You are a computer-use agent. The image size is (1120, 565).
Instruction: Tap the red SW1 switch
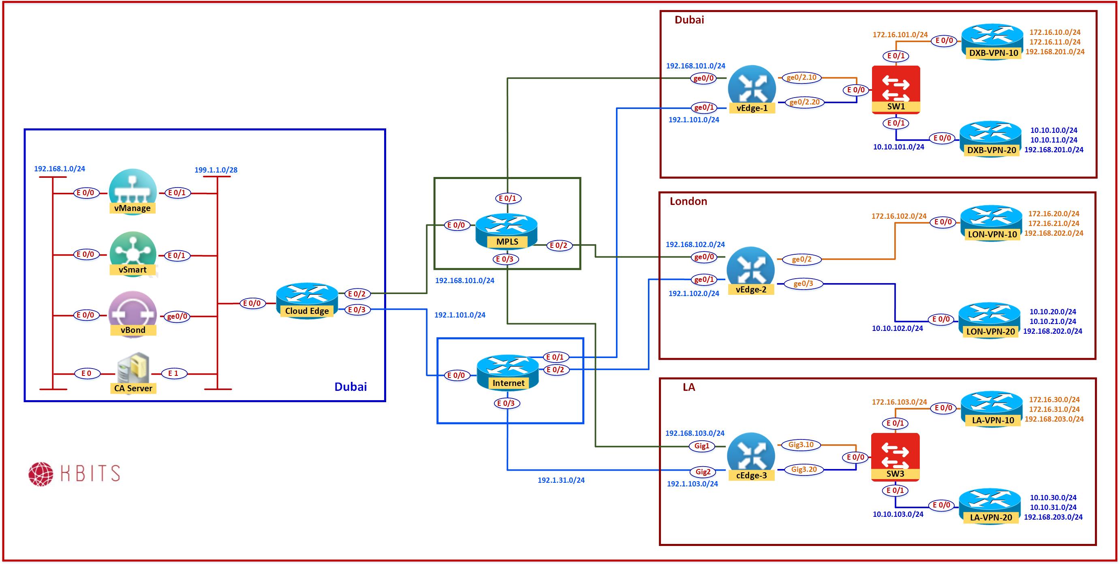[896, 89]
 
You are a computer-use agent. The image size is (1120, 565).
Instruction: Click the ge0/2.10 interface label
[802, 78]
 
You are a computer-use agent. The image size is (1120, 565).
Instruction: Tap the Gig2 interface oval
[703, 472]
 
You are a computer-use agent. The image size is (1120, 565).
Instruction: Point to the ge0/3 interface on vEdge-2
[803, 284]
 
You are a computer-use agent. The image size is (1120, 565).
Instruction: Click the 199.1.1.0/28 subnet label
[216, 170]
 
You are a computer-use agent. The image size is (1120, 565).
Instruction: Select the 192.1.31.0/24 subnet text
[561, 480]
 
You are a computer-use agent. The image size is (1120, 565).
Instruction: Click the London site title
[688, 201]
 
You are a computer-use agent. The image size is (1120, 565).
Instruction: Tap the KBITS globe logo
[41, 474]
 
